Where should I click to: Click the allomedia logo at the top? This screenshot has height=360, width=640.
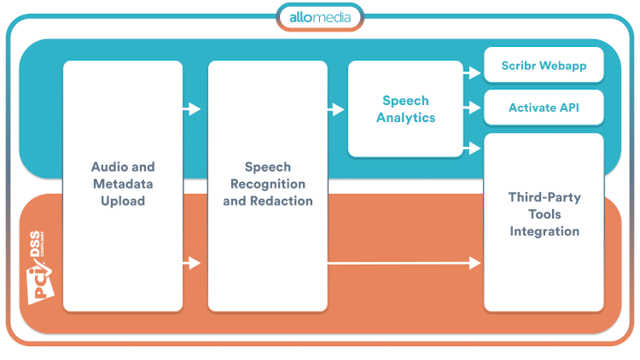point(319,17)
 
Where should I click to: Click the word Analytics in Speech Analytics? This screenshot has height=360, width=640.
point(405,118)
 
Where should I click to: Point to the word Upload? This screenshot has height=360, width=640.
point(123,201)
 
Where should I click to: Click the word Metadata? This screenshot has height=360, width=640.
point(123,184)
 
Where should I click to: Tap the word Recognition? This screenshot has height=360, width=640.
point(268,184)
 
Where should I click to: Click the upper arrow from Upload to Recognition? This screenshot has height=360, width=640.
point(192,109)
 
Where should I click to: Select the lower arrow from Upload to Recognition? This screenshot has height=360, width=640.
point(192,264)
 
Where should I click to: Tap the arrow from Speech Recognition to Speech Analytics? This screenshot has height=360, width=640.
point(336,109)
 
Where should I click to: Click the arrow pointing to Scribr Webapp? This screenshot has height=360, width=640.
point(472,73)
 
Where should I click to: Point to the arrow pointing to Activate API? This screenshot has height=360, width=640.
point(472,108)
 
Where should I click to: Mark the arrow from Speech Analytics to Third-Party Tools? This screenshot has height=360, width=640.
point(472,148)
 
